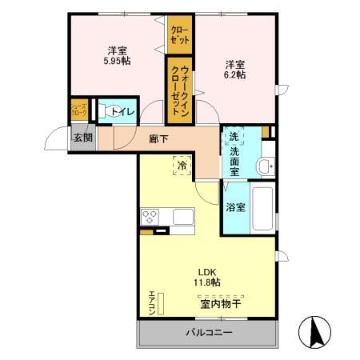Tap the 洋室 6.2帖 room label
pyautogui.click(x=234, y=69)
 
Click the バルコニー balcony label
pyautogui.click(x=210, y=331)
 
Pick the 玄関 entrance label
pyautogui.click(x=83, y=138)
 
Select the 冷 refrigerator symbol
pyautogui.click(x=182, y=165)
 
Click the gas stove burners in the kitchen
pyautogui.click(x=151, y=216)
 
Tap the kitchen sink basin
pyautogui.click(x=182, y=216)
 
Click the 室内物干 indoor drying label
pyautogui.click(x=220, y=303)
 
